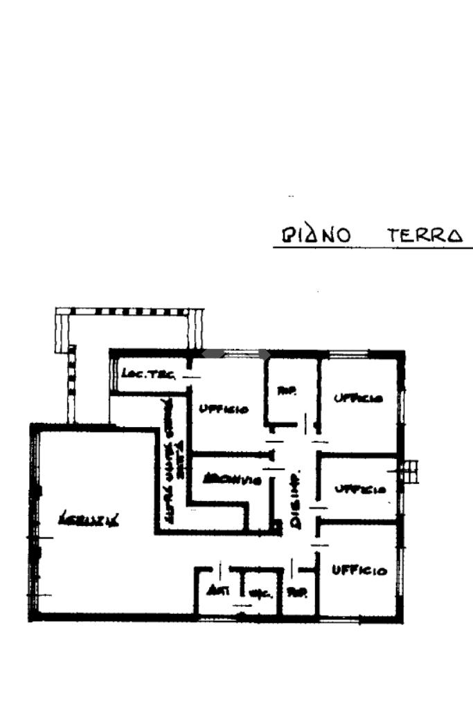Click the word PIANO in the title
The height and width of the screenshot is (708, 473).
(315, 235)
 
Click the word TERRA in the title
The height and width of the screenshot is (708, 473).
(425, 235)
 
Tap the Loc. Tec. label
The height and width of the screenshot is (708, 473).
(148, 374)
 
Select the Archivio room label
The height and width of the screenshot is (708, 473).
(231, 479)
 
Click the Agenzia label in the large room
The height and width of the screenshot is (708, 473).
(89, 518)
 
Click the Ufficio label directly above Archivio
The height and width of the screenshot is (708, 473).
(223, 409)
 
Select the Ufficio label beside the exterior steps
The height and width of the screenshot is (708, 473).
(359, 490)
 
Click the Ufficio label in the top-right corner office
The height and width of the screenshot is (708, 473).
(357, 399)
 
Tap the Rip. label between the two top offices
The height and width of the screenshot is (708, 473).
(286, 392)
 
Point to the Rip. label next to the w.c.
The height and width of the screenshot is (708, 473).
(298, 592)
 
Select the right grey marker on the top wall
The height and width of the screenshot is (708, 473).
(262, 354)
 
